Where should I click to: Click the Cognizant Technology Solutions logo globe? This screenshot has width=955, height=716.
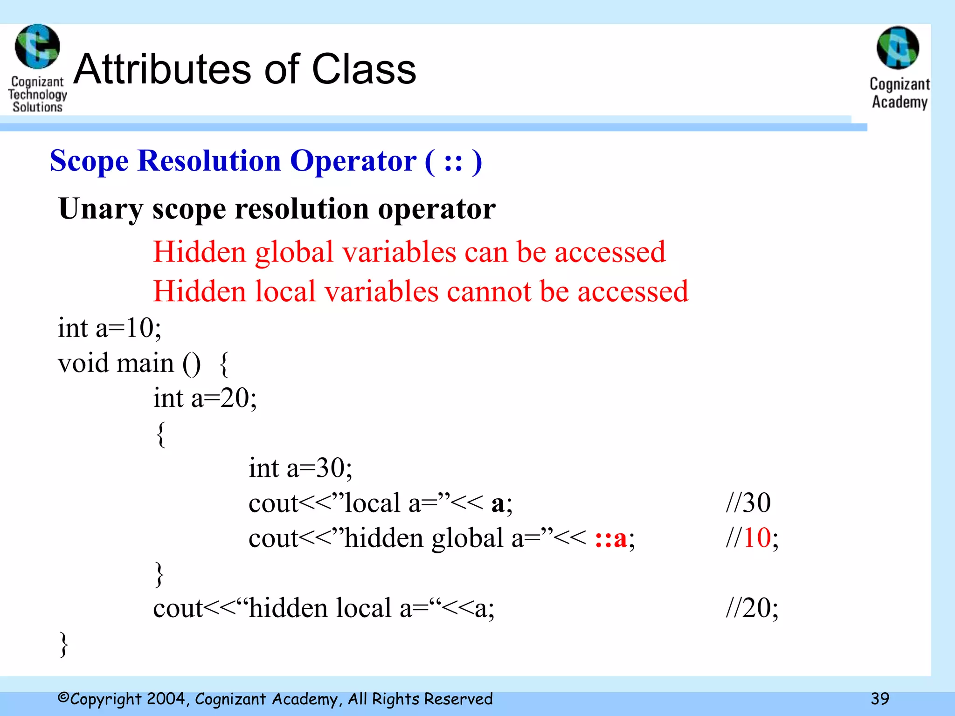click(x=37, y=47)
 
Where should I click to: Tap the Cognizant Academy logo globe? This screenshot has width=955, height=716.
click(x=898, y=48)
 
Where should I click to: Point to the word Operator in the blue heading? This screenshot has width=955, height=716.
click(x=353, y=161)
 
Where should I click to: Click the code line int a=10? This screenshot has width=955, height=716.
click(x=110, y=328)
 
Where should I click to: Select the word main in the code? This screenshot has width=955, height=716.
click(x=145, y=363)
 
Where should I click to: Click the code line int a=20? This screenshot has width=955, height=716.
click(x=205, y=398)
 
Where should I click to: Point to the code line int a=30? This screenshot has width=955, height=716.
click(x=300, y=468)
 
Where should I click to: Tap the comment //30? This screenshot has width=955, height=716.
click(x=748, y=503)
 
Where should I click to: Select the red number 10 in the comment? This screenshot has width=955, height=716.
click(x=757, y=538)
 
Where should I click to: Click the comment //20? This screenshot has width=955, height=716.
click(x=752, y=608)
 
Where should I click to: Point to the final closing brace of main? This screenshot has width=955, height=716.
click(x=64, y=644)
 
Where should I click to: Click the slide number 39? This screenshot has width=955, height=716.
click(x=880, y=698)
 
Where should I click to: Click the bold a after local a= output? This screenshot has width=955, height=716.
click(x=498, y=504)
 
